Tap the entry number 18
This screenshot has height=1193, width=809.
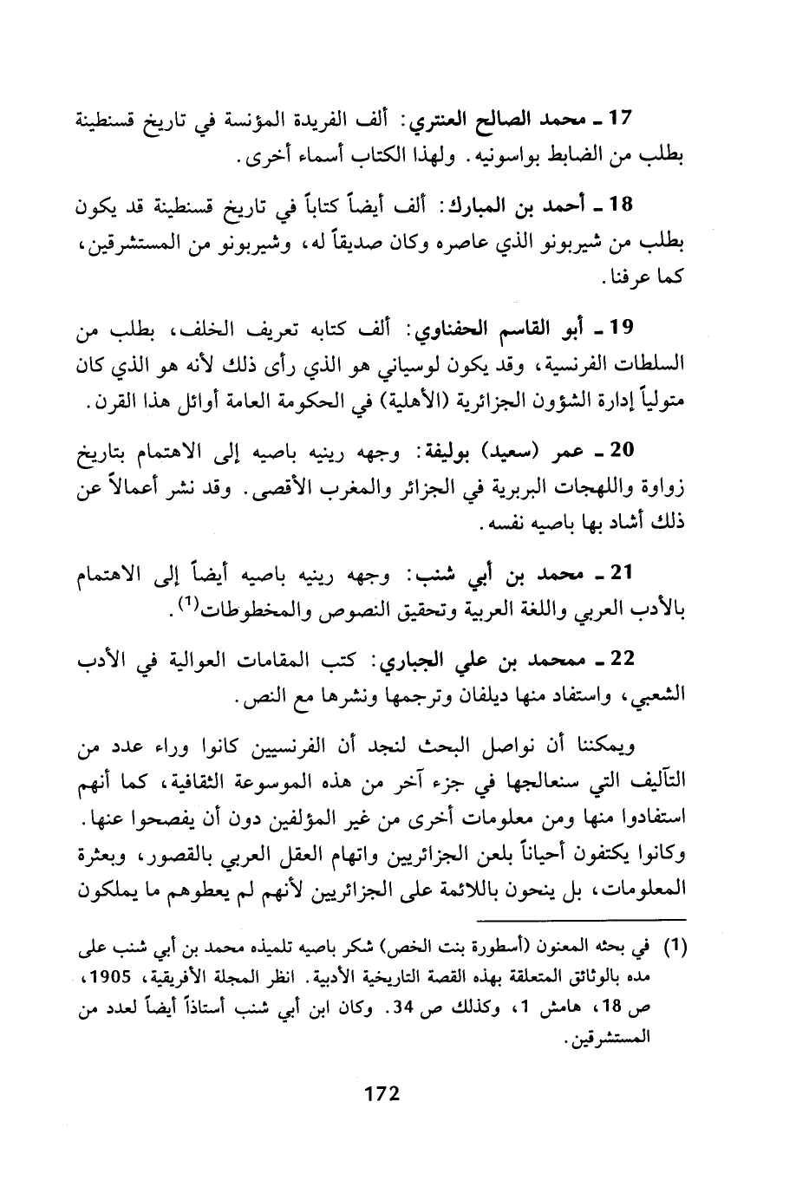623,205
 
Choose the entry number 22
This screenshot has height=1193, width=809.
623,660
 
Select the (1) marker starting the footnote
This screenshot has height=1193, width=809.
675,949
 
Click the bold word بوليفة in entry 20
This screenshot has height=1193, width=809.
453,450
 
